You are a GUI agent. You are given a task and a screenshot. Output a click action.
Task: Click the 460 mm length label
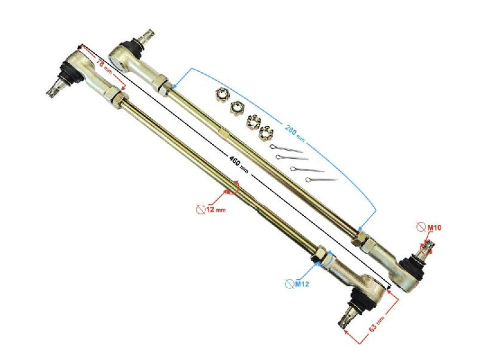pyautogui.click(x=238, y=165)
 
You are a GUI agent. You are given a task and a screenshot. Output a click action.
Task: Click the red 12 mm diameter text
pyautogui.click(x=215, y=209)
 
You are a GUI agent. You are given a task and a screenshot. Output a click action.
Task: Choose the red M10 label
pyautogui.click(x=433, y=228)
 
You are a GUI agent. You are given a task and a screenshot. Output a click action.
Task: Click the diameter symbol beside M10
pyautogui.click(x=421, y=228)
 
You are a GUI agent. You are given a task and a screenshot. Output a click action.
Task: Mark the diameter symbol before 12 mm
pyautogui.click(x=200, y=209)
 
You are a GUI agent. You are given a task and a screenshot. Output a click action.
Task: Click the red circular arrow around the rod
pyautogui.click(x=232, y=188)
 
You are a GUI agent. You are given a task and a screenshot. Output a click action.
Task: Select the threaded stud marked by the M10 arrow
pyautogui.click(x=428, y=248)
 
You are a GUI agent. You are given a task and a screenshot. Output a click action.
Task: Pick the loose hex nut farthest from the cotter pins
pyautogui.click(x=221, y=93)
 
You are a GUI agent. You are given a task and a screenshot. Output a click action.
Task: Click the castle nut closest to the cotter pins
pyautogui.click(x=265, y=133)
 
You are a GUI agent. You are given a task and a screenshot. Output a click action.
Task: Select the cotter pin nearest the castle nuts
pyautogui.click(x=285, y=148)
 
